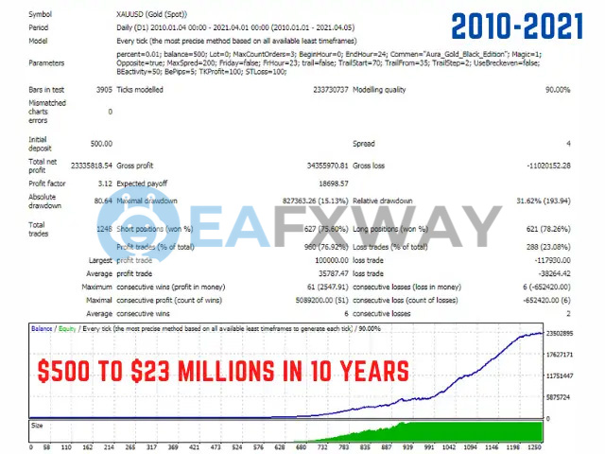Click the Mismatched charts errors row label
48,111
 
